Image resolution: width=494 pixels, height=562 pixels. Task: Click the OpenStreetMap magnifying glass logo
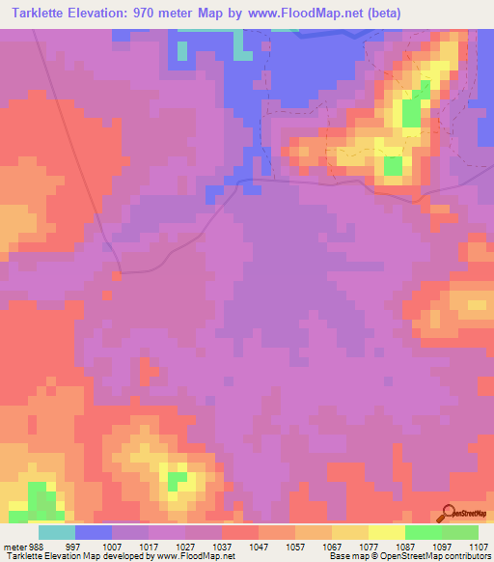446,513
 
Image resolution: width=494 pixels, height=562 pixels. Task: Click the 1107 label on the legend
476,547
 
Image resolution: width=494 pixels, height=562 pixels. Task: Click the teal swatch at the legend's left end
56,532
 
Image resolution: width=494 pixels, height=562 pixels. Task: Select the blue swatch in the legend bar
93,532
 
